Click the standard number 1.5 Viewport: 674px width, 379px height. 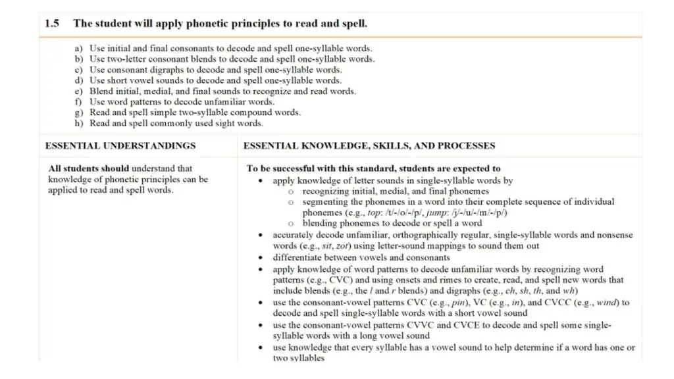tap(52, 24)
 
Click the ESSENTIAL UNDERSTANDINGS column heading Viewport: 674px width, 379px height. tap(120, 145)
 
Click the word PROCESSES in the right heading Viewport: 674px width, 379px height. tap(467, 145)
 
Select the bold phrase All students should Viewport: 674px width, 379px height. tap(88, 168)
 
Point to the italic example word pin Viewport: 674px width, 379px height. tap(454, 303)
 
